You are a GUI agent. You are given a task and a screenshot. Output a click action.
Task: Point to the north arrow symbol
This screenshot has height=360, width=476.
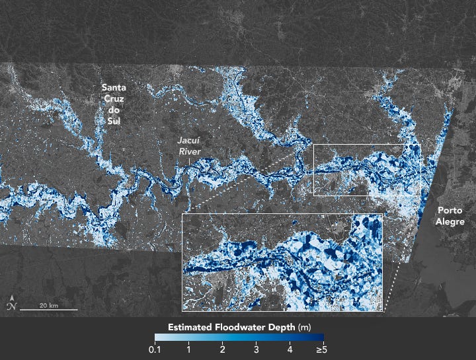pyautogui.click(x=11, y=305)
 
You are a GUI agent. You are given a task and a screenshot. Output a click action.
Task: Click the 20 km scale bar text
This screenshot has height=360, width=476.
pyautogui.click(x=48, y=306)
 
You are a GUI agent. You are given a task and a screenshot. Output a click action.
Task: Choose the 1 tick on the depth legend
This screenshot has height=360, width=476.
pyautogui.click(x=189, y=348)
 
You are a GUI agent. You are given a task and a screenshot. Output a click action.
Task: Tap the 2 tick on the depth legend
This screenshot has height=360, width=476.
pyautogui.click(x=223, y=348)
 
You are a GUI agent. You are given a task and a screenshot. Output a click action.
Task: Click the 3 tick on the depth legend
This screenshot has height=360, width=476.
pyautogui.click(x=256, y=348)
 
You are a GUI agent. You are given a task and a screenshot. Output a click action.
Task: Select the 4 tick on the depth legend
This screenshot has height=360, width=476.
pyautogui.click(x=289, y=348)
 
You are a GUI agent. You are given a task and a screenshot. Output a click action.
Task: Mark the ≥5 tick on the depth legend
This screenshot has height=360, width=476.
pyautogui.click(x=320, y=348)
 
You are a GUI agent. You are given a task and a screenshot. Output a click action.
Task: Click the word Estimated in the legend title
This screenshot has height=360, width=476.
pyautogui.click(x=190, y=327)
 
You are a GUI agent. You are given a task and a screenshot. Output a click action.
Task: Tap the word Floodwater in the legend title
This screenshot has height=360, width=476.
pyautogui.click(x=241, y=327)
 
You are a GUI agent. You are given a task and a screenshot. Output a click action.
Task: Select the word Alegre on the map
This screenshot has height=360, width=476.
pyautogui.click(x=450, y=222)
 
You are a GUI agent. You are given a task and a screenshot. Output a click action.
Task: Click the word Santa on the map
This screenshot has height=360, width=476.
pyautogui.click(x=114, y=87)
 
